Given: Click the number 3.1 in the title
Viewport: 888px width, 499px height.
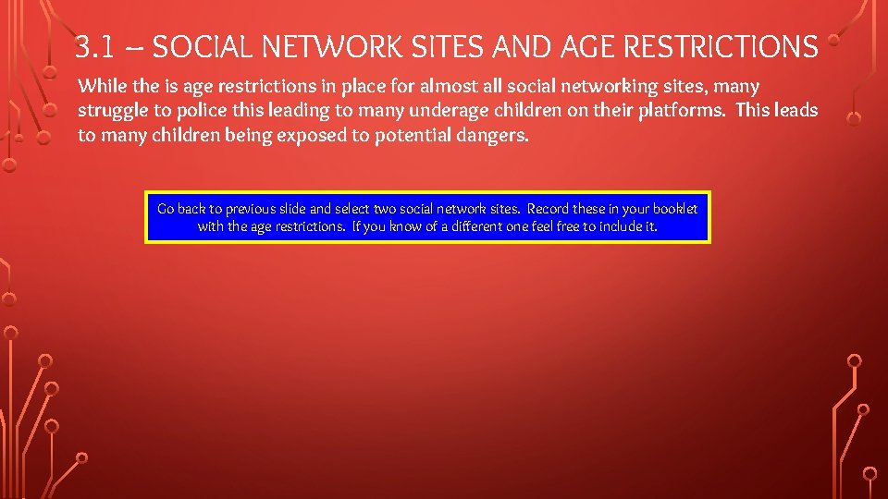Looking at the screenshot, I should tap(92, 46).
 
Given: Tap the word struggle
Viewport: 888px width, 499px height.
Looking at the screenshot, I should tap(113, 111).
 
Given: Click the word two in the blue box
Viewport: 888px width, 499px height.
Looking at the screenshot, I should tap(384, 209).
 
